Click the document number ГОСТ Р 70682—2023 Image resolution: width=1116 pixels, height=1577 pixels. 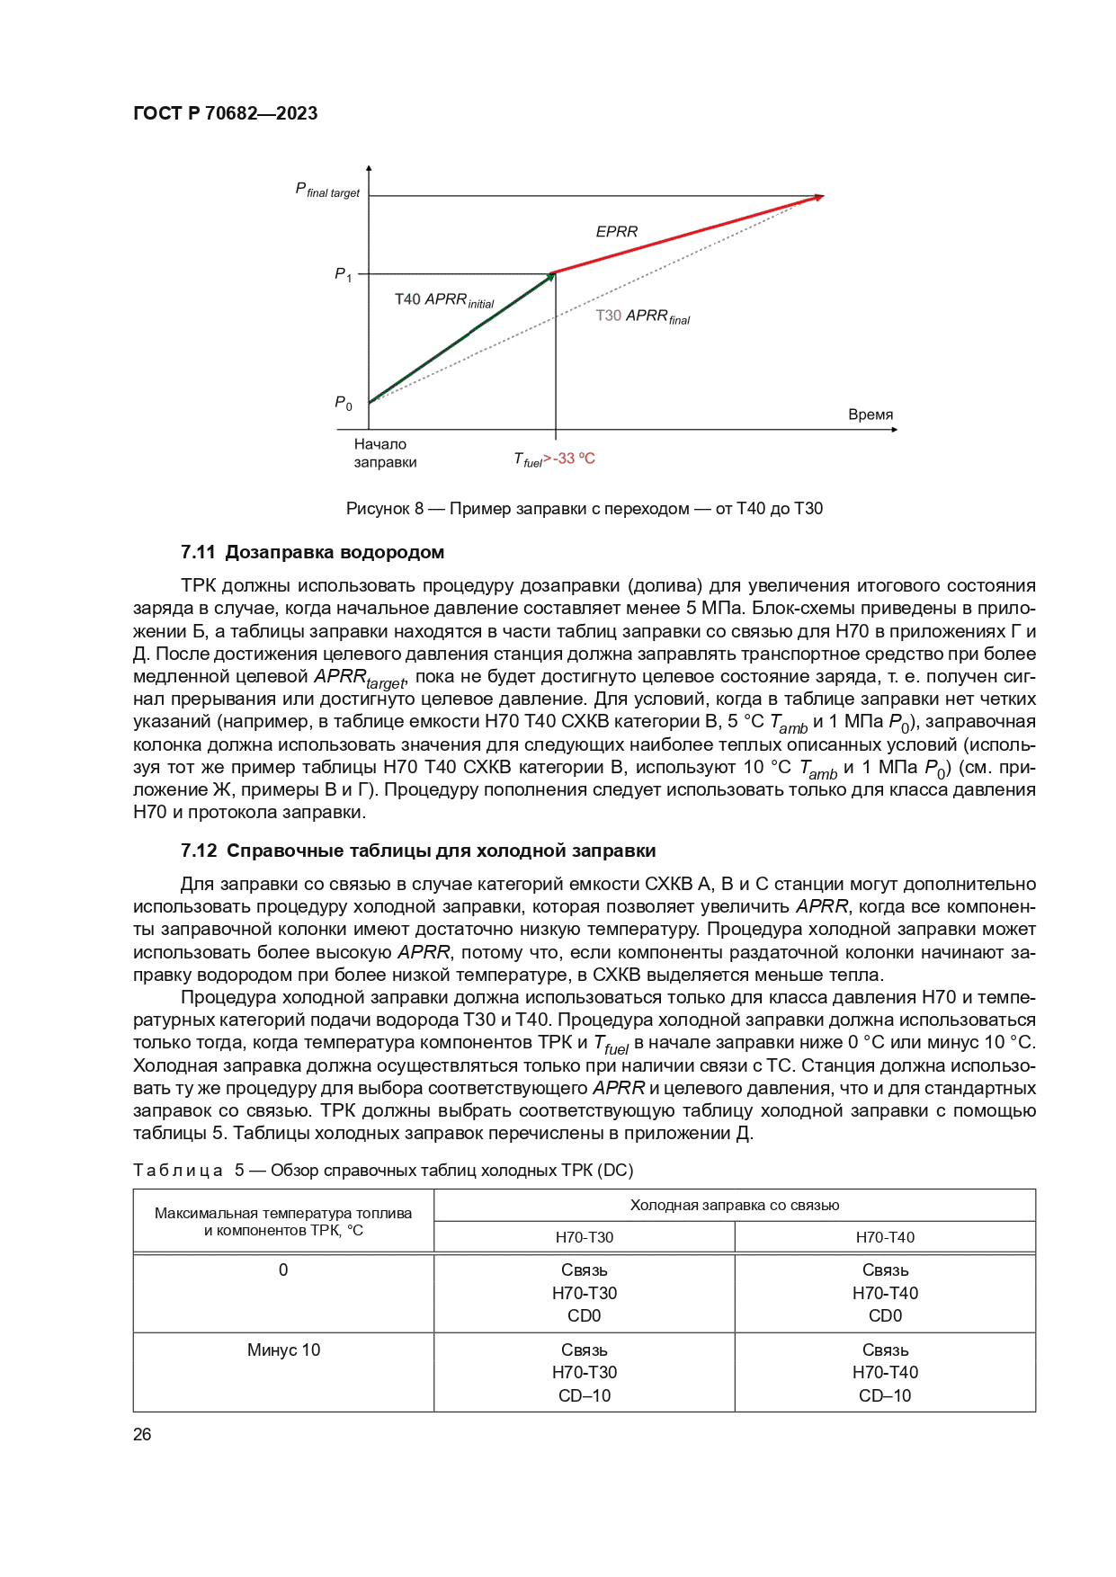225,113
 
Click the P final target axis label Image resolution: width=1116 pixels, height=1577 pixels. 327,191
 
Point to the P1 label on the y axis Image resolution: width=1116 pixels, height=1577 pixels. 344,274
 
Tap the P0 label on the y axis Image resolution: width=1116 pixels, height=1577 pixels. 344,403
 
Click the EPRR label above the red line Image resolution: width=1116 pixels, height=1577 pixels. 616,232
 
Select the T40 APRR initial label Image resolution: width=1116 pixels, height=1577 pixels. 444,300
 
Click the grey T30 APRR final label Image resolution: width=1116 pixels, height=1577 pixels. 642,316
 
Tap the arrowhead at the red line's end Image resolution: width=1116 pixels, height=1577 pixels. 817,197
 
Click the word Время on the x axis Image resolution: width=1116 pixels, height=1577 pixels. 870,414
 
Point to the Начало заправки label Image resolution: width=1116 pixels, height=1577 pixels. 385,453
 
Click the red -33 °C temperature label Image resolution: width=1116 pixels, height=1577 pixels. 574,459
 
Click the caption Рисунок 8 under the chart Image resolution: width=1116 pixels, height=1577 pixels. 584,509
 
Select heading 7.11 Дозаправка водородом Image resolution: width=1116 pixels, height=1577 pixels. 312,552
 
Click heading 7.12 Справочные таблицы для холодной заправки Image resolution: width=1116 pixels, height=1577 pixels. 418,851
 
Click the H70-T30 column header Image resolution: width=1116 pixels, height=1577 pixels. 584,1237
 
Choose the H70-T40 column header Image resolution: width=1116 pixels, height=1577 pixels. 885,1237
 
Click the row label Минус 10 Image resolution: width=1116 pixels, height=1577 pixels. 283,1350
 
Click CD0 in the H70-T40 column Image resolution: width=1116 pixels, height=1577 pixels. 885,1315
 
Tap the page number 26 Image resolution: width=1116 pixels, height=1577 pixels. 142,1434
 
